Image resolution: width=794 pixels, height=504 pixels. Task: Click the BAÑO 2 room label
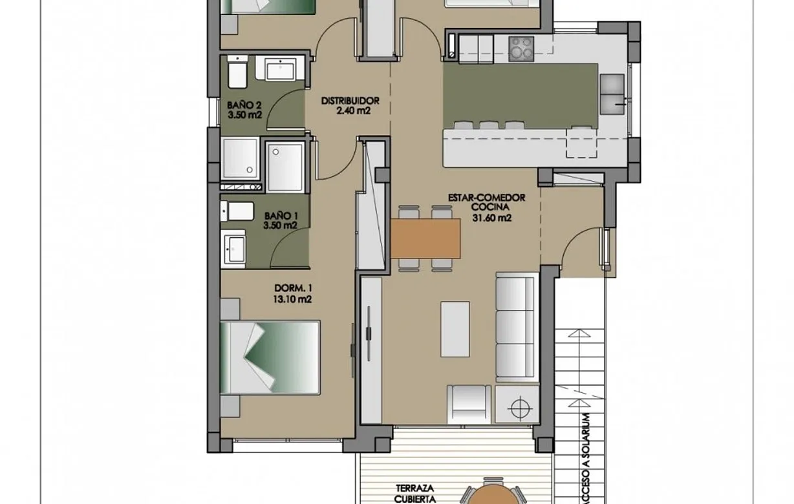click(244, 105)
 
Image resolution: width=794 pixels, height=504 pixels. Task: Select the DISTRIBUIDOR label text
click(350, 101)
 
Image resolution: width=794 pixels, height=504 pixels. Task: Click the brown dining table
click(425, 238)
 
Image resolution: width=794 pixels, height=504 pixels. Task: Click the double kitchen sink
click(612, 93)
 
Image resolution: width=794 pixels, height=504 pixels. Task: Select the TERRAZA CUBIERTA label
click(416, 494)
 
